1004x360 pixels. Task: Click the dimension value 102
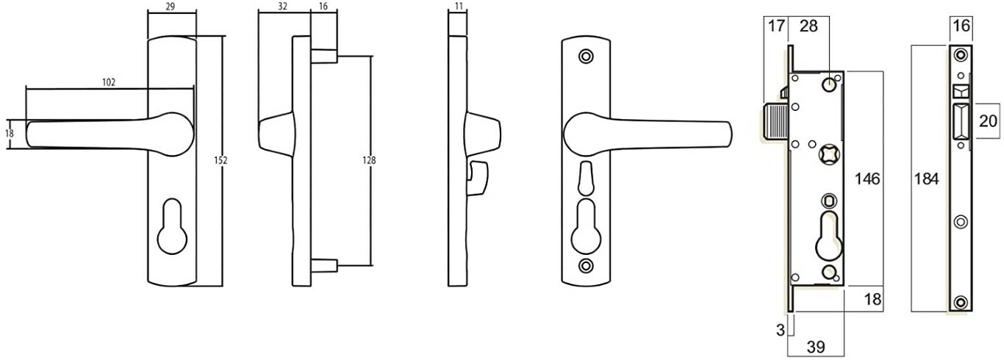point(109,82)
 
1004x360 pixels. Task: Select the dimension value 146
point(867,179)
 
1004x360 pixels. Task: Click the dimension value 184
point(926,179)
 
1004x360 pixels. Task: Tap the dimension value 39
point(815,346)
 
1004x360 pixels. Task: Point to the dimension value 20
point(989,121)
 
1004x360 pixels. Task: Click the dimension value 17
point(776,27)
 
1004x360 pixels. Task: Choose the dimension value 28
point(808,27)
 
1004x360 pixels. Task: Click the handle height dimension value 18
point(10,134)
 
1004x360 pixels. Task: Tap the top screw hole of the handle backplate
point(585,56)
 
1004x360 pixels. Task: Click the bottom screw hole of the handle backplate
point(585,265)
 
